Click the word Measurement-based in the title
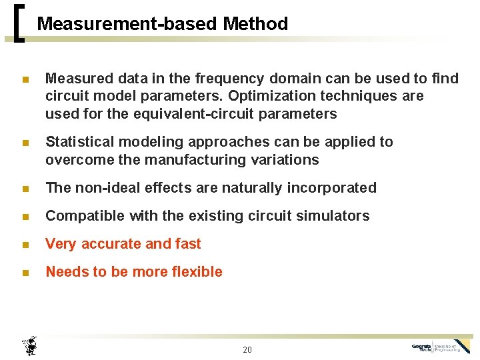click(127, 24)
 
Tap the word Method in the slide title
click(255, 24)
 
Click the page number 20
click(247, 350)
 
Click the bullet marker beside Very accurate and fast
click(25, 245)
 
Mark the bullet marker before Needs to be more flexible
click(25, 273)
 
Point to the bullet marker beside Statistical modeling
click(25, 143)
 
